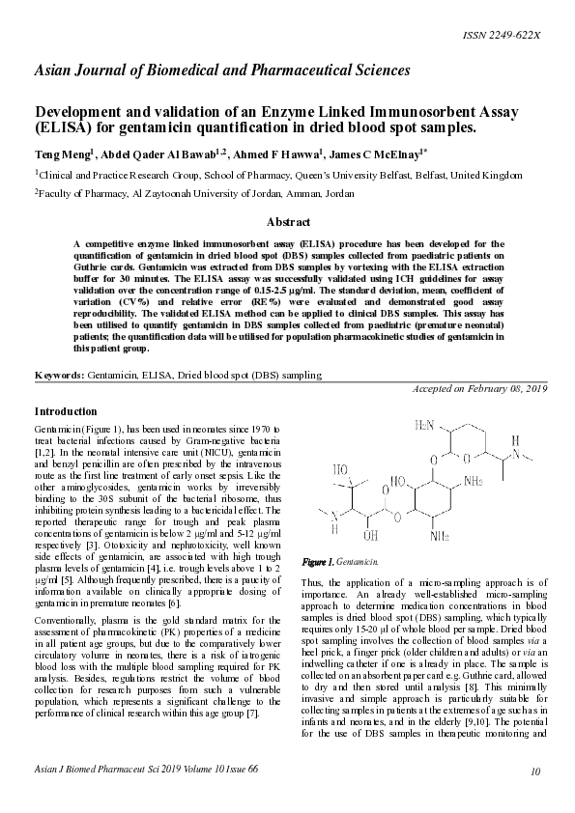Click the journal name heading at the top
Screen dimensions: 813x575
(x=222, y=70)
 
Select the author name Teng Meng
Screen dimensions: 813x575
(x=62, y=154)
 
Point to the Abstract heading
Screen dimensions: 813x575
(x=287, y=222)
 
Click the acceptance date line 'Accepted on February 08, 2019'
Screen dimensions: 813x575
(x=479, y=388)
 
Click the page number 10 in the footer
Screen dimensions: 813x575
(x=535, y=798)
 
